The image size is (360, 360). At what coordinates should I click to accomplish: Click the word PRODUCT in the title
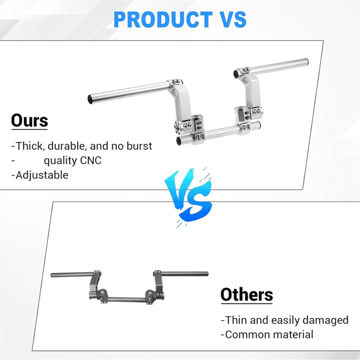point(163,20)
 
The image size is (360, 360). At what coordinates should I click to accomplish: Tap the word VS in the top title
point(232,20)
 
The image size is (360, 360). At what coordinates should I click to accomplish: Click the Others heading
point(247,295)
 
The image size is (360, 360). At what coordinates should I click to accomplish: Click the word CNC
point(91,160)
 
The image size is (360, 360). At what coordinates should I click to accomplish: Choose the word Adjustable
point(42,175)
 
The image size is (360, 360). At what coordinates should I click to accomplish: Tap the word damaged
point(326,320)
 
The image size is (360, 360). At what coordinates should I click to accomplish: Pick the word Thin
point(236,320)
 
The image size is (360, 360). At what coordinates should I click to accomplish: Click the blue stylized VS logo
point(188,197)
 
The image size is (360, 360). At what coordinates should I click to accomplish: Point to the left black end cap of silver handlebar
point(90,99)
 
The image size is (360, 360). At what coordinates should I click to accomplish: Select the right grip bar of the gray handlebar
point(184,274)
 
